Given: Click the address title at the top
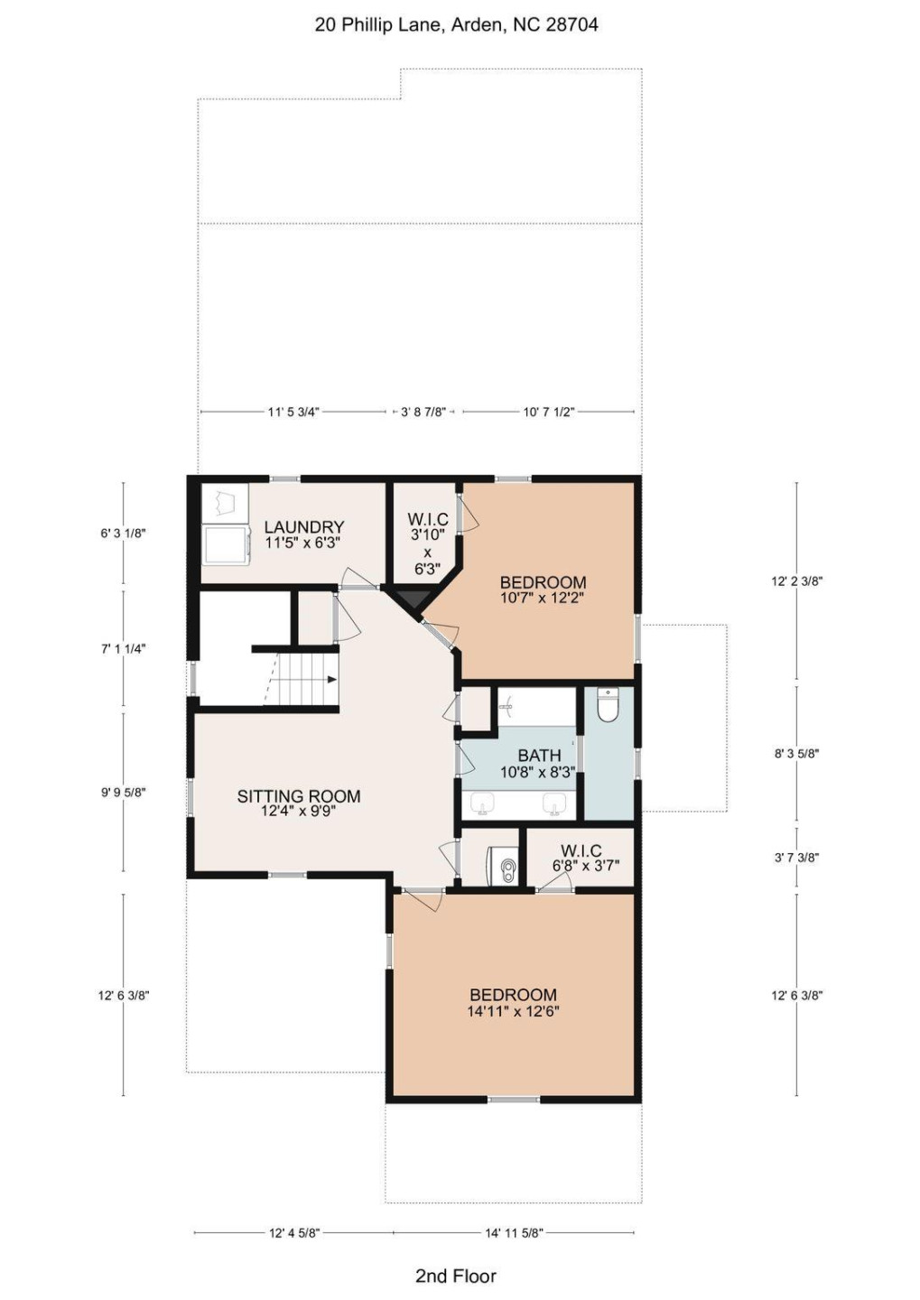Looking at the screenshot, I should (x=456, y=24).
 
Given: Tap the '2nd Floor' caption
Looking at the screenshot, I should (x=455, y=1275).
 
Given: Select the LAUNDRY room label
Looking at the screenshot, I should (x=303, y=527).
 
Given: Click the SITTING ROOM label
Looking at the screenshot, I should (x=298, y=796).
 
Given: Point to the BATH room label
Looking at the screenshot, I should (x=539, y=756).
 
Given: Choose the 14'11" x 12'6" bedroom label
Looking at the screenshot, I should (x=513, y=995).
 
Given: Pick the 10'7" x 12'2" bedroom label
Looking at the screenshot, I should (x=543, y=583).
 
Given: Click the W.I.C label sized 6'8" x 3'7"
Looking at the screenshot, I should (x=581, y=851).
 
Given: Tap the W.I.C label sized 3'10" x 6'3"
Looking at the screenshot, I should (x=427, y=520).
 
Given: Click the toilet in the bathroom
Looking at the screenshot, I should (x=608, y=706).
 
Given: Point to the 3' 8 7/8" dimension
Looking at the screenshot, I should (x=423, y=412).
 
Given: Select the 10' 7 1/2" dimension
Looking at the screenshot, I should (x=548, y=412).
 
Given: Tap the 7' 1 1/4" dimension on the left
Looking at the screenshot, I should (x=124, y=648).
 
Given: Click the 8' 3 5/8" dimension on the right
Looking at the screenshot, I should (x=796, y=753).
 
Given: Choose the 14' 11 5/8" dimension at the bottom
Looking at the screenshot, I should (x=514, y=1232).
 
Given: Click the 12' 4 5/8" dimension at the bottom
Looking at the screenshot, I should (x=294, y=1232).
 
